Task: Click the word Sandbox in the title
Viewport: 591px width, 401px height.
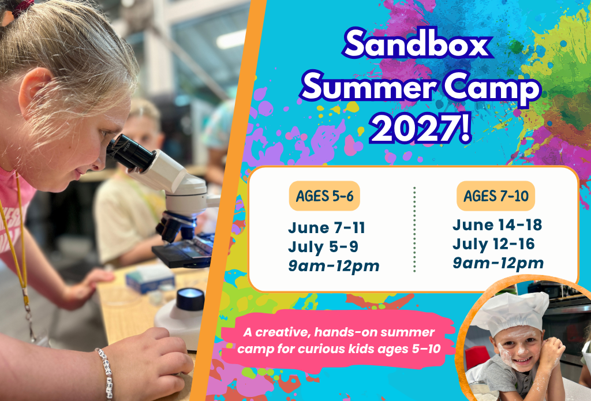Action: point(418,44)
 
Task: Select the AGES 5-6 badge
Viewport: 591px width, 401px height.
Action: point(324,196)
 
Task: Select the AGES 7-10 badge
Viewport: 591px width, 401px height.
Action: point(496,196)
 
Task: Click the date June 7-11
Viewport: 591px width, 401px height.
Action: point(327,228)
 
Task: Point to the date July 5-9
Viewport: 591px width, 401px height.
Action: point(323,247)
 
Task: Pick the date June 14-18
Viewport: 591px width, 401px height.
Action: point(497,224)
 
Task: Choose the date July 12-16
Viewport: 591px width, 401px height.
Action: point(493,244)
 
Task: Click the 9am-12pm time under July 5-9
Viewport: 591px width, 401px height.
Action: point(334,266)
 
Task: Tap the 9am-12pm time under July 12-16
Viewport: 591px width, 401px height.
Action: point(498,263)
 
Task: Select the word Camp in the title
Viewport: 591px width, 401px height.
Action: point(492,89)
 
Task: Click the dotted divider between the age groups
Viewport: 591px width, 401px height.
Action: point(414,228)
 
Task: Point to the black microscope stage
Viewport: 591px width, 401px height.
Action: point(184,252)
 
